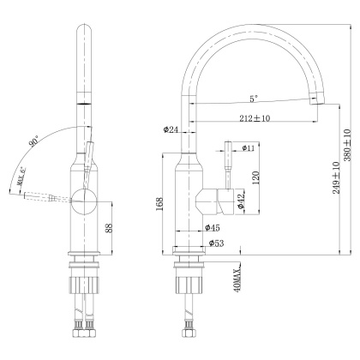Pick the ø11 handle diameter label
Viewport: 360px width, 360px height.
tap(249, 149)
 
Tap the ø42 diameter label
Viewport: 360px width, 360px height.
tap(242, 203)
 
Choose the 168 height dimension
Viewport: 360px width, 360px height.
tap(160, 204)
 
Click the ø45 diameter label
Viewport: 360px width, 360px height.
tap(213, 228)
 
